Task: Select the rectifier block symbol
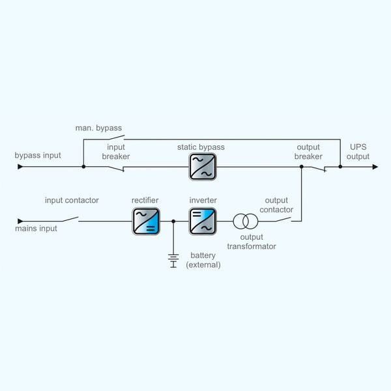[x=145, y=221]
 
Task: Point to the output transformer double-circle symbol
[x=245, y=221]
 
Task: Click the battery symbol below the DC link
[x=173, y=259]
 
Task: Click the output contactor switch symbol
[x=282, y=219]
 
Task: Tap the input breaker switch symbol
[x=116, y=168]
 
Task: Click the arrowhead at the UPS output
[x=375, y=167]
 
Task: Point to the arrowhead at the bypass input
[x=20, y=167]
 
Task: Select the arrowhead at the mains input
[x=20, y=221]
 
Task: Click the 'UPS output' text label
[x=358, y=152]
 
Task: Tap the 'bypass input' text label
[x=38, y=156]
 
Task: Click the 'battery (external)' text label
[x=203, y=260]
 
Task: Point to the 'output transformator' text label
[x=251, y=242]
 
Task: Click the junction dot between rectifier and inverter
[x=173, y=222]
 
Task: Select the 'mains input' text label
[x=36, y=229]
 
